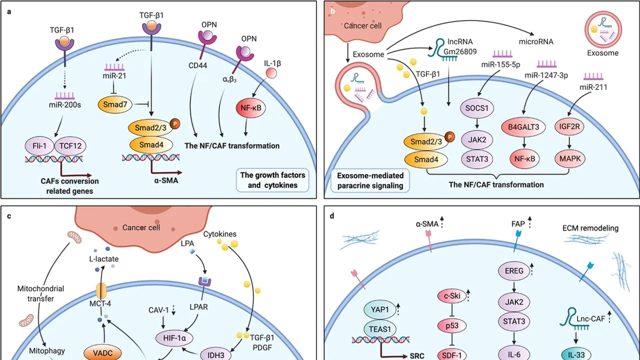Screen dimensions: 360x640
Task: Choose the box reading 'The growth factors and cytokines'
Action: click(272, 180)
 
